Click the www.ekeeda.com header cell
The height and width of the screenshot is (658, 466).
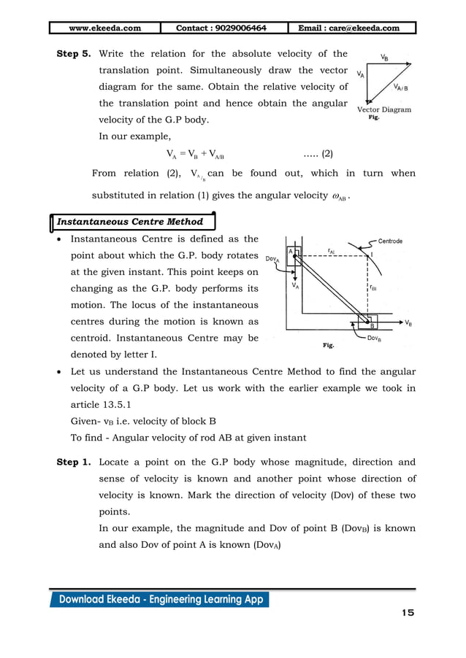coord(105,28)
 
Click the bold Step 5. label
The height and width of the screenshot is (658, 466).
coord(75,54)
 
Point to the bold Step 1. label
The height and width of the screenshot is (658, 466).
coord(75,462)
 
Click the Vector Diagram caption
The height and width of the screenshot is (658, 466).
coord(384,109)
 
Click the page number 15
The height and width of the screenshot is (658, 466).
coord(407,612)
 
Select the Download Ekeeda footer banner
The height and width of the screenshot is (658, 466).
coord(158,600)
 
